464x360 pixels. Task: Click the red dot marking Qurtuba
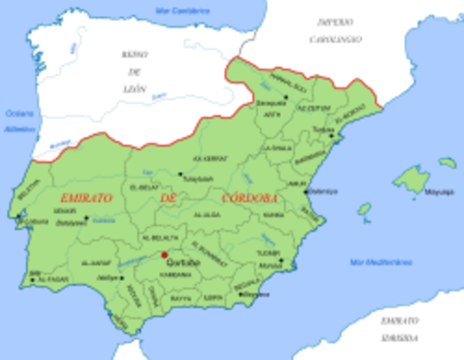click(164, 255)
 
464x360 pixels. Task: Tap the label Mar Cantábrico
click(182, 10)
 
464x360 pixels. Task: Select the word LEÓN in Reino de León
click(134, 88)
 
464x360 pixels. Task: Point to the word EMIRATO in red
click(86, 198)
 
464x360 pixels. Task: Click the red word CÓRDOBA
click(250, 198)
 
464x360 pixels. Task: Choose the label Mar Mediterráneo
click(381, 262)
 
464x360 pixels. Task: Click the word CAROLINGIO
click(337, 38)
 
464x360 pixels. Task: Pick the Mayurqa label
click(440, 191)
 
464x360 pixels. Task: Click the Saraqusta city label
click(271, 103)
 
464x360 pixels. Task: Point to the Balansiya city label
click(323, 190)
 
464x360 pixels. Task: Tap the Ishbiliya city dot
click(121, 277)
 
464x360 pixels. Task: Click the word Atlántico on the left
click(16, 128)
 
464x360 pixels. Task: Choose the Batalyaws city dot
click(86, 218)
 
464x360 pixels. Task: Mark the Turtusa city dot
click(331, 136)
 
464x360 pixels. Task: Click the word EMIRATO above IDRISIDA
click(399, 320)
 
